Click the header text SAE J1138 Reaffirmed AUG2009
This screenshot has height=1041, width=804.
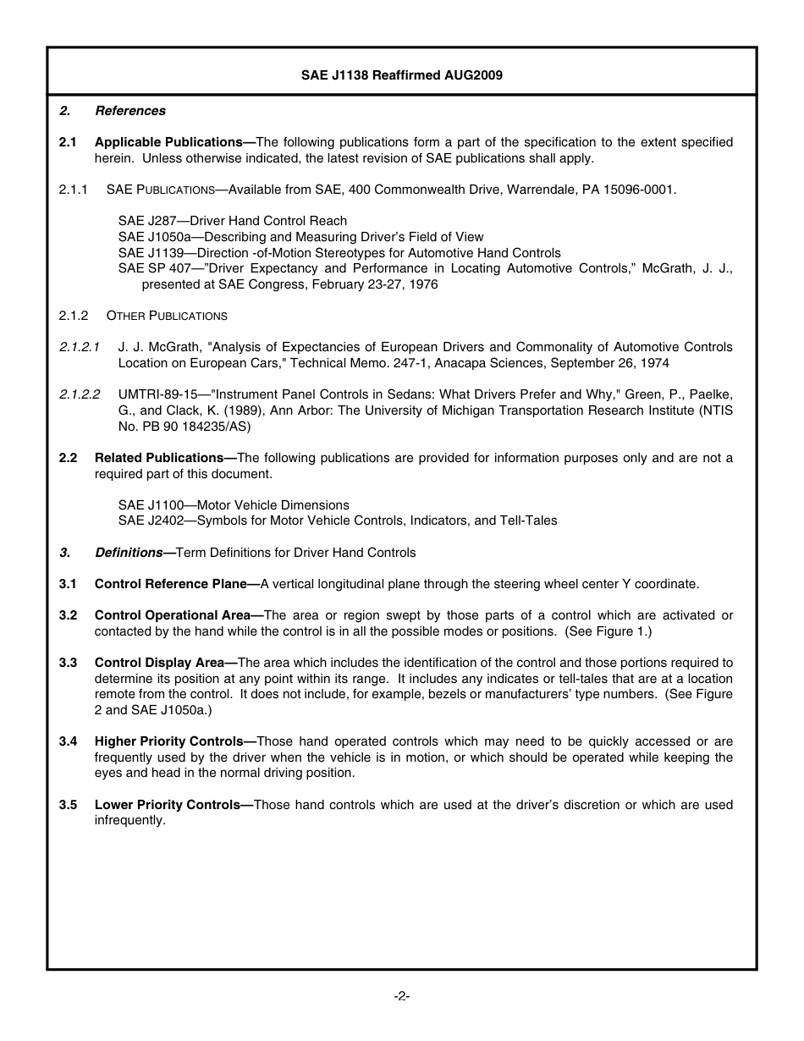click(x=402, y=75)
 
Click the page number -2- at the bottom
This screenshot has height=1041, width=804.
click(x=402, y=996)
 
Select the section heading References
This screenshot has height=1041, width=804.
click(x=130, y=111)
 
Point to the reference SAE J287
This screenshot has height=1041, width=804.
click(x=141, y=221)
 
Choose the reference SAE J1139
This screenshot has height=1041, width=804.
click(x=145, y=253)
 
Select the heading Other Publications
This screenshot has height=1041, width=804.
click(x=167, y=316)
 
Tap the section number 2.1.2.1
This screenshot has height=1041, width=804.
click(x=80, y=347)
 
